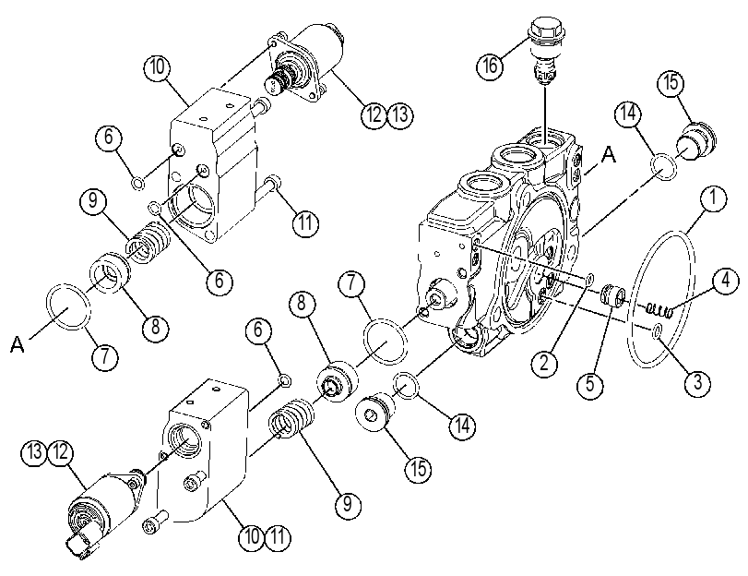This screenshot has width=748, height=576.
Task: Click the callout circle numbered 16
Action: (490, 65)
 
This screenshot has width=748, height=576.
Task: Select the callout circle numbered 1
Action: (713, 198)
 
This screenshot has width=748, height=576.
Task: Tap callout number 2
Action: (545, 364)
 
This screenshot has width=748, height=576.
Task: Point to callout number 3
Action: (697, 381)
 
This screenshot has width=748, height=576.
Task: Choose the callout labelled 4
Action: (725, 282)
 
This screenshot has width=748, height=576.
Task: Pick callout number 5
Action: (590, 383)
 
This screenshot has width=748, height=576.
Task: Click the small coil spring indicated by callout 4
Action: (659, 311)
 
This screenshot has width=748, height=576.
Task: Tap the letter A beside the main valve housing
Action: (608, 155)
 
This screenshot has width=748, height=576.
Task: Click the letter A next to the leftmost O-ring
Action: (18, 344)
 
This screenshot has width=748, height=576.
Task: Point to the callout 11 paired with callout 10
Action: (278, 536)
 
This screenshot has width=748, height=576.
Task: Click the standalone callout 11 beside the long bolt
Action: (305, 223)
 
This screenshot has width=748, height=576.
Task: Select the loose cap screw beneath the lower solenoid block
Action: (155, 521)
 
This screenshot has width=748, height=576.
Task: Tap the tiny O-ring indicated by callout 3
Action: (657, 331)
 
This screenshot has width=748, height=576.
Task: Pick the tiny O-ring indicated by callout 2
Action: (589, 280)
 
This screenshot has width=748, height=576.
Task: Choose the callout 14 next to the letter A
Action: (628, 114)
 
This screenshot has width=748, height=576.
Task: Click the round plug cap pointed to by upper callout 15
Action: (696, 141)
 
